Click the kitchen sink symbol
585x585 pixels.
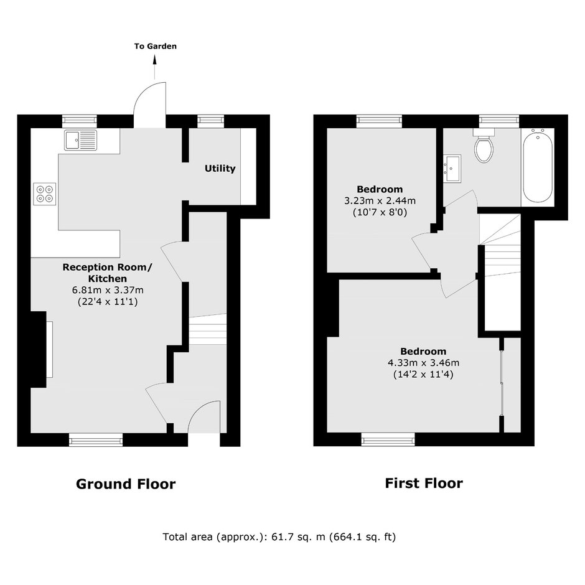80,140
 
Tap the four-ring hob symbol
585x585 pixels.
45,194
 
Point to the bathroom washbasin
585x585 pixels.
452,169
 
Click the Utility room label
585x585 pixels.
220,169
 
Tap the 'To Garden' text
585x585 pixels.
156,46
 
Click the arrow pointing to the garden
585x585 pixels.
154,67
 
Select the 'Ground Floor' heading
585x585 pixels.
126,484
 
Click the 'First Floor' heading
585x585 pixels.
424,483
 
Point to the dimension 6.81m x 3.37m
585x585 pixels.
108,290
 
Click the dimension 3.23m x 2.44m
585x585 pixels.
380,201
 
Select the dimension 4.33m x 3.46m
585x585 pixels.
423,363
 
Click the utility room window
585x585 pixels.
211,120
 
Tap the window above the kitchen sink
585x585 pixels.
80,120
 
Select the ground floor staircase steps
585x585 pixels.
208,329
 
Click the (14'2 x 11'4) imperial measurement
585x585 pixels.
423,374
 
